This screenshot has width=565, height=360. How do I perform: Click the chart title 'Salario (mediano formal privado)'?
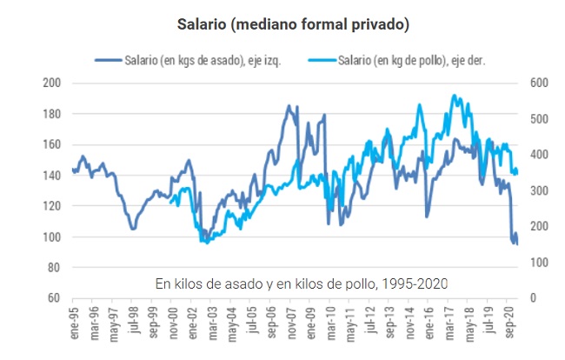pyautogui.click(x=282, y=23)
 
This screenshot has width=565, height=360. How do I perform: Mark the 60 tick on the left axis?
pyautogui.click(x=54, y=298)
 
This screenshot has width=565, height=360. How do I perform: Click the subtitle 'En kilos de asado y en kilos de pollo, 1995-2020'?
pyautogui.click(x=301, y=283)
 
